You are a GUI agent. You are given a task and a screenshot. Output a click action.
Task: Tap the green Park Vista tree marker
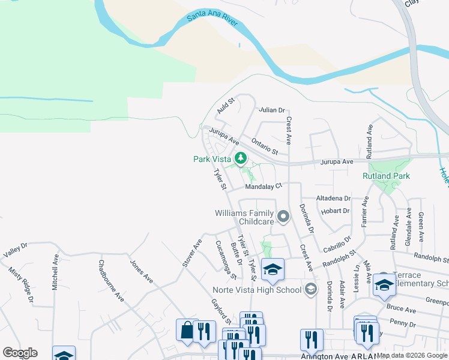tap(241, 158)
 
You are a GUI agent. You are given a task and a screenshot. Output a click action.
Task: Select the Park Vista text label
tap(212, 159)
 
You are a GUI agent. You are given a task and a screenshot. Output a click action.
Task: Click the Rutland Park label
tap(386, 176)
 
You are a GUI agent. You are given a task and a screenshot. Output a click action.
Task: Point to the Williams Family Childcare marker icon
tap(283, 217)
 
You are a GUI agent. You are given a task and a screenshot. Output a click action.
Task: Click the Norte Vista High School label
tap(256, 290)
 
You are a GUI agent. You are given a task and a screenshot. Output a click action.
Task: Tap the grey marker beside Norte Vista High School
tap(310, 290)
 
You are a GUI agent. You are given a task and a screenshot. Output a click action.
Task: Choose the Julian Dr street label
tap(271, 110)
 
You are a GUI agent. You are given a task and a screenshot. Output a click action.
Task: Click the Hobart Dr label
tap(335, 211)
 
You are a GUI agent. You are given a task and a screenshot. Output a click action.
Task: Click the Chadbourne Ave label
tap(111, 280)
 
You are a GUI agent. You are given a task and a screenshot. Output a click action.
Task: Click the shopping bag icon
tap(187, 329)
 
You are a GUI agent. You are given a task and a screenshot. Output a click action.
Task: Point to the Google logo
tap(20, 353)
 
